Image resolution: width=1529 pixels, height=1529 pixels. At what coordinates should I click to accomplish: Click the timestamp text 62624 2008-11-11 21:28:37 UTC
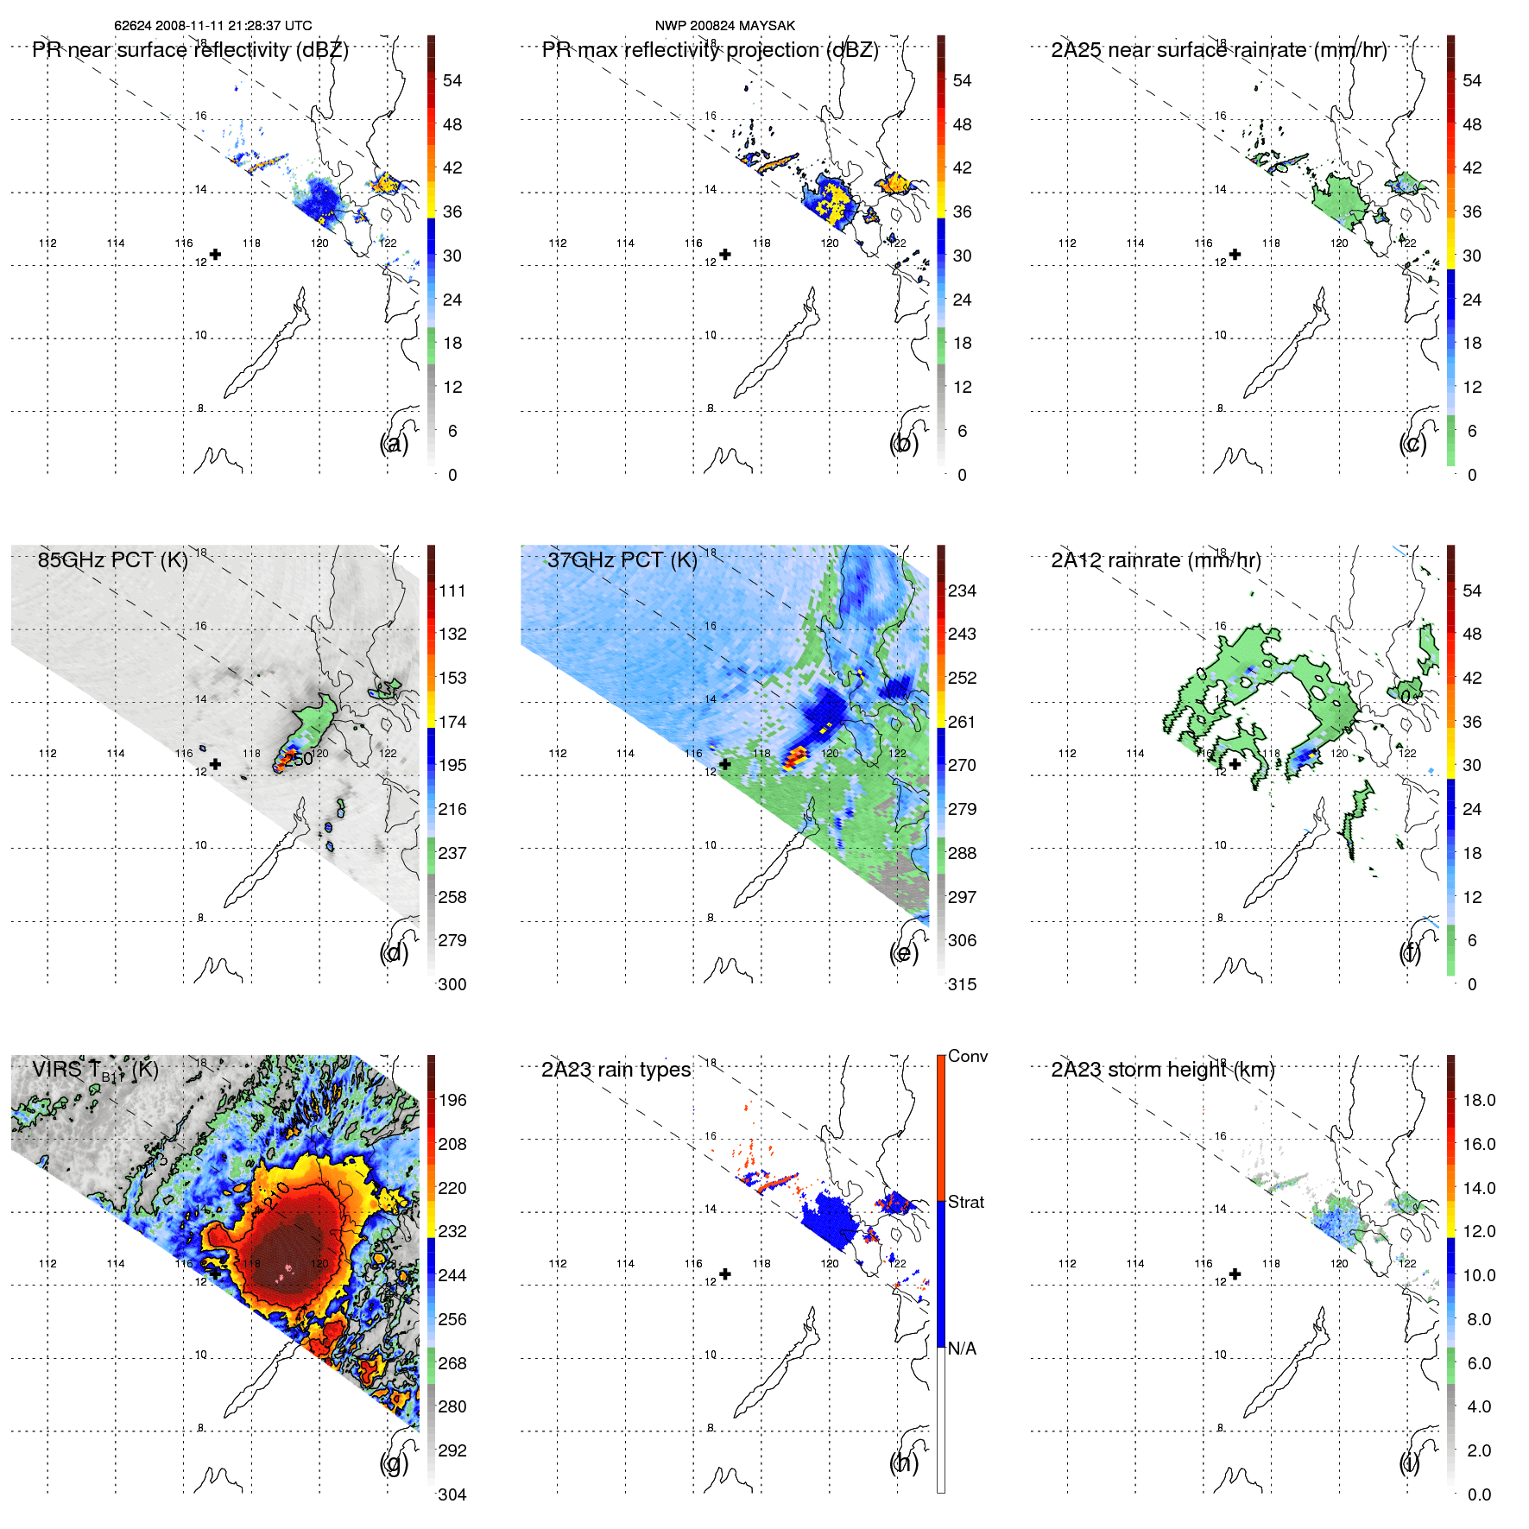[212, 26]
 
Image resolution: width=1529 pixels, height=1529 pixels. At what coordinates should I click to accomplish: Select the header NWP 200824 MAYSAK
[724, 26]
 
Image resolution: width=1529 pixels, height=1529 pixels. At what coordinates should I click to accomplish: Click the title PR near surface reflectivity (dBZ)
[190, 50]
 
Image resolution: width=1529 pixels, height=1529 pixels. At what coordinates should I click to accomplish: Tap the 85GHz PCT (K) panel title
[112, 560]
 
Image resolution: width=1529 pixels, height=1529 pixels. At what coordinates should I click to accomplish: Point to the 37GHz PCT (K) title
[622, 560]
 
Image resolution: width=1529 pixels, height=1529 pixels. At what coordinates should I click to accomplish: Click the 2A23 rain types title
[616, 1071]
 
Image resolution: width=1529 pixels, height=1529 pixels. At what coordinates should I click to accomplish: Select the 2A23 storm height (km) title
[1162, 1071]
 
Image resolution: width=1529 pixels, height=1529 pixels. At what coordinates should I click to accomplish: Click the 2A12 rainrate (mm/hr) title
[1155, 560]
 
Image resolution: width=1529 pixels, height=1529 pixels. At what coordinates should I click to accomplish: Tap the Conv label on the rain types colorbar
[967, 1056]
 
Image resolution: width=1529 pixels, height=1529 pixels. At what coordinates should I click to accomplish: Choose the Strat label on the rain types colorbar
[965, 1202]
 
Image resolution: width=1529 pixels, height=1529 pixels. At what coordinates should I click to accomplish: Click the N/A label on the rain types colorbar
[962, 1349]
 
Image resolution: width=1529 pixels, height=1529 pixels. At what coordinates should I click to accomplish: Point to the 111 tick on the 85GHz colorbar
[452, 591]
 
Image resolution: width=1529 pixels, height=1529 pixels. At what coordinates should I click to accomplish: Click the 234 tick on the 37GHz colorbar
[962, 591]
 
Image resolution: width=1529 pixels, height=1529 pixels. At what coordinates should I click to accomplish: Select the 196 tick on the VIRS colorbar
[452, 1101]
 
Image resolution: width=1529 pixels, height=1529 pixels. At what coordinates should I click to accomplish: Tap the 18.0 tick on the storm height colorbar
[1478, 1101]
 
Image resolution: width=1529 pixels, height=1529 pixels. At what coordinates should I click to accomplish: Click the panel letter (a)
[394, 444]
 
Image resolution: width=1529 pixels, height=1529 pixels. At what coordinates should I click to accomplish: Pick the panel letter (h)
[903, 1463]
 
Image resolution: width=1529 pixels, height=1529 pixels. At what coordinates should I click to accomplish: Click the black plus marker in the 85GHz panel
[215, 764]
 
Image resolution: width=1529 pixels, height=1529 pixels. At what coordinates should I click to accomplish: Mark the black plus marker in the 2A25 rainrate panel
[1235, 255]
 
